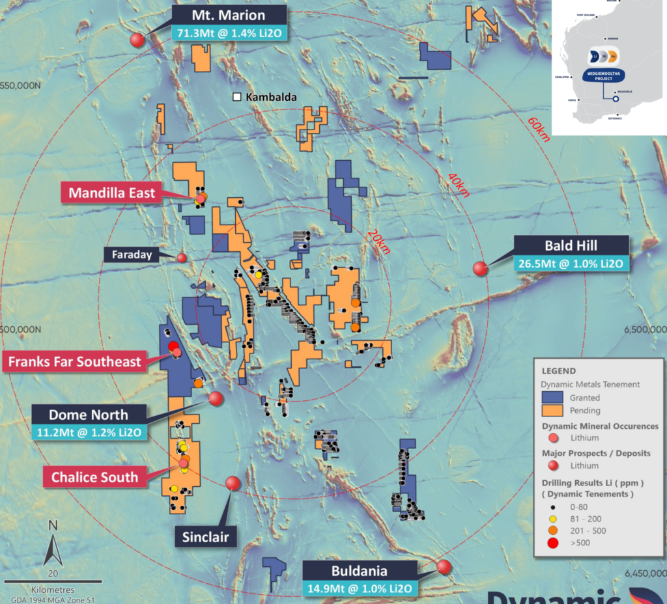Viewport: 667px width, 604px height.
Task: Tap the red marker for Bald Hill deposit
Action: (x=481, y=268)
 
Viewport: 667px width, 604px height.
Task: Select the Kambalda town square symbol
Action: (x=237, y=97)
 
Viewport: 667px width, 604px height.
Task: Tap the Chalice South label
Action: (x=95, y=477)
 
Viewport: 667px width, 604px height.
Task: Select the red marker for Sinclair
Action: (x=233, y=483)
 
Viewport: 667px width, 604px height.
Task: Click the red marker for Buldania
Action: (x=444, y=566)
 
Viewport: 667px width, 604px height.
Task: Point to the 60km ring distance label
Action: (x=539, y=130)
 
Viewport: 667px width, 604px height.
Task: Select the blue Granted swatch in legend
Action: (x=555, y=398)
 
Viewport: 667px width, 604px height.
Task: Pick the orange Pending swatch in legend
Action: (x=555, y=411)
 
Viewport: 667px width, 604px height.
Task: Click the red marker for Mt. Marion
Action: (x=137, y=40)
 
